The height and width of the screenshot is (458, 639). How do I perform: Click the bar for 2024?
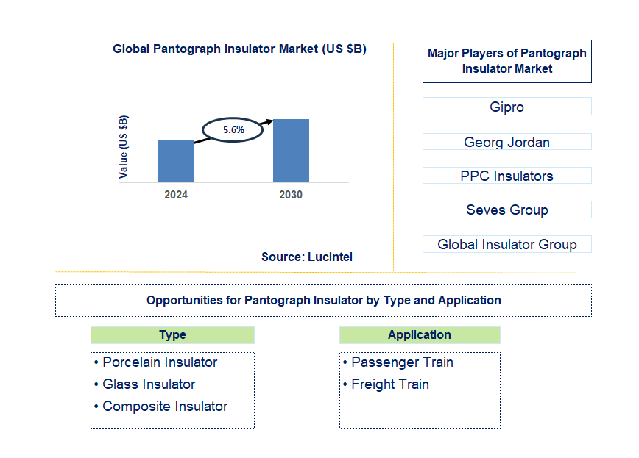click(176, 161)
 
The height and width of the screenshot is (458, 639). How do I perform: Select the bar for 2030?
click(291, 151)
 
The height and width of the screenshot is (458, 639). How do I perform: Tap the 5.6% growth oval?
click(233, 129)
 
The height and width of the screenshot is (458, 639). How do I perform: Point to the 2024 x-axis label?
click(176, 195)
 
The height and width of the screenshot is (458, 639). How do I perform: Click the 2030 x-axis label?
click(291, 195)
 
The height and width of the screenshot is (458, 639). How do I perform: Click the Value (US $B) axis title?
click(123, 147)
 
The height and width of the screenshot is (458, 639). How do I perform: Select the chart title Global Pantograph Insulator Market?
click(239, 49)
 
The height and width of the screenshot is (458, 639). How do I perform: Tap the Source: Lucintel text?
click(306, 257)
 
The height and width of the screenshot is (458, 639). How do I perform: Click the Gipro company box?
click(506, 107)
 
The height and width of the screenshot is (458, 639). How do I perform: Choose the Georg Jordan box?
click(506, 142)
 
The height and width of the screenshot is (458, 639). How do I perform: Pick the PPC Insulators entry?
click(506, 176)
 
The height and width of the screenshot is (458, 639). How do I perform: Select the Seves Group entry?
click(506, 210)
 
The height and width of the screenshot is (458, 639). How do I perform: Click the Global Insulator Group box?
click(506, 244)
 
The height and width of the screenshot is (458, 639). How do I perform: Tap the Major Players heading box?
click(506, 61)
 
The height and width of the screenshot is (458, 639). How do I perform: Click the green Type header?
click(172, 335)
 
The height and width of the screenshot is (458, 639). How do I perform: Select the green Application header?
click(420, 335)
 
